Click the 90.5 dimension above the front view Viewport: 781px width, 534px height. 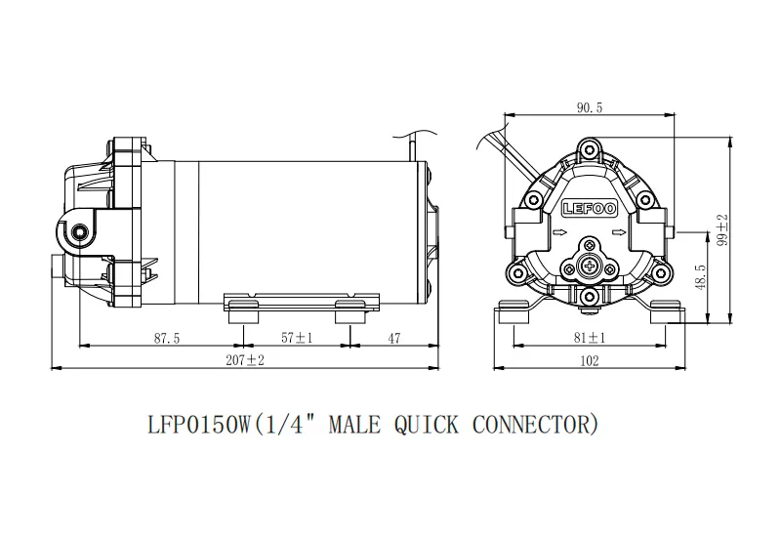tap(590, 109)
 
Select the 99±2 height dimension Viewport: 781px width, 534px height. tap(723, 231)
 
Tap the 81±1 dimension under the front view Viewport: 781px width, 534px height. tap(589, 338)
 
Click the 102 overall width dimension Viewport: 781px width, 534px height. tap(589, 360)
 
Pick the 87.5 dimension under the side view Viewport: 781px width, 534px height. tap(167, 338)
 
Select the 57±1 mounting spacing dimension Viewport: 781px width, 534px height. tap(297, 338)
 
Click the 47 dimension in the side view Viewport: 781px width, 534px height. tap(393, 338)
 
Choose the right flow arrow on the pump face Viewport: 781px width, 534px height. tap(617, 233)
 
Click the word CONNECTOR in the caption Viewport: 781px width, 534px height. tap(532, 425)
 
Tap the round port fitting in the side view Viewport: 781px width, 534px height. tap(79, 232)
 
